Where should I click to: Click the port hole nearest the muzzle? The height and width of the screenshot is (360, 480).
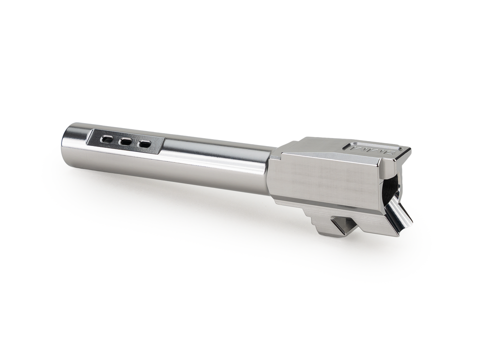tap(106, 139)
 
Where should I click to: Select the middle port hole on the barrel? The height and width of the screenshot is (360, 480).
tap(125, 141)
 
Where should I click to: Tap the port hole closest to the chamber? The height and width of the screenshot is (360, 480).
tap(144, 144)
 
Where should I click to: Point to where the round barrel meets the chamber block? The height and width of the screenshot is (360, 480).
tap(270, 170)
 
